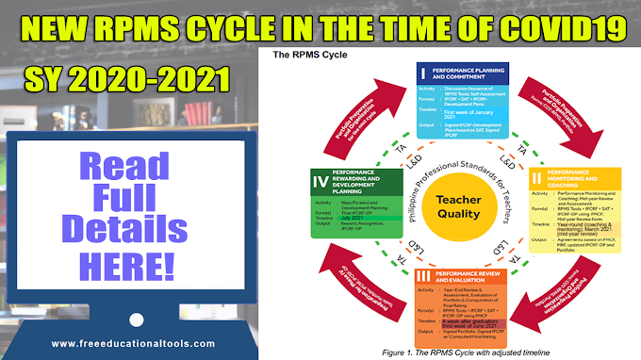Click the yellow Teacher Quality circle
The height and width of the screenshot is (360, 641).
460,186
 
